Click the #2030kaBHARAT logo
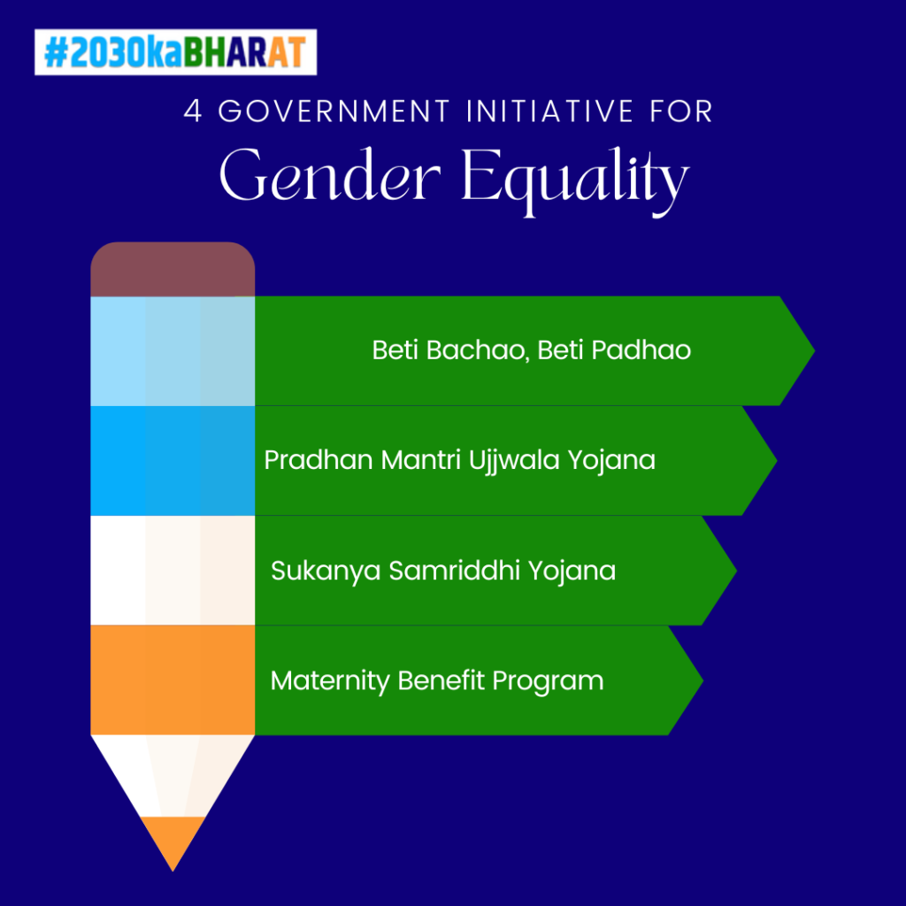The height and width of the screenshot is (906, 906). pyautogui.click(x=176, y=52)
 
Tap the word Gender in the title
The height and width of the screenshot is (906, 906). pyautogui.click(x=330, y=175)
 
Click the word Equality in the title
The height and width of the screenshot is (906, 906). pyautogui.click(x=575, y=180)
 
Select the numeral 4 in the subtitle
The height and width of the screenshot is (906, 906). pyautogui.click(x=193, y=111)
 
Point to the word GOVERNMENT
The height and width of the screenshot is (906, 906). pyautogui.click(x=334, y=111)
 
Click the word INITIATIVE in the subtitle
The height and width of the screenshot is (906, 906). pyautogui.click(x=550, y=111)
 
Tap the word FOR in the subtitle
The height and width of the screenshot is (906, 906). pyautogui.click(x=681, y=111)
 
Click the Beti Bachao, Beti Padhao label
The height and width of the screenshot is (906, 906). pyautogui.click(x=532, y=350)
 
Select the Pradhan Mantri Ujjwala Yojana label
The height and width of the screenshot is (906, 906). pyautogui.click(x=460, y=461)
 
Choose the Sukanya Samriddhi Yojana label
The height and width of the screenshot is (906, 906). pyautogui.click(x=443, y=572)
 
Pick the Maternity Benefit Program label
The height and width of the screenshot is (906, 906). pyautogui.click(x=437, y=681)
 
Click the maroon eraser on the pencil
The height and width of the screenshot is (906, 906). pyautogui.click(x=173, y=269)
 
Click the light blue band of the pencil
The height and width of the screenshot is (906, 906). pyautogui.click(x=173, y=351)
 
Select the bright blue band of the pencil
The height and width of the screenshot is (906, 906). pyautogui.click(x=173, y=460)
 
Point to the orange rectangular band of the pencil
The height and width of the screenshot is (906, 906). pyautogui.click(x=173, y=680)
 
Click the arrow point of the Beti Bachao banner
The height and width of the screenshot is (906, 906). pyautogui.click(x=815, y=350)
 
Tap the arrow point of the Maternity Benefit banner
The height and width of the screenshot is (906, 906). pyautogui.click(x=703, y=680)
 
